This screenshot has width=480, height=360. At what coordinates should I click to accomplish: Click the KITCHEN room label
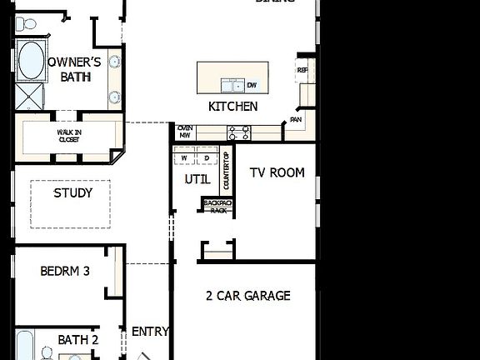point(232,107)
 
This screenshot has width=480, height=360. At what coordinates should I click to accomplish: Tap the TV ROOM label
point(277,173)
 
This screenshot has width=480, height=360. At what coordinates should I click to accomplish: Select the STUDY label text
point(72,193)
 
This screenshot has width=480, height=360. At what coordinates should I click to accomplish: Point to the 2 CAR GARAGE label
point(248,295)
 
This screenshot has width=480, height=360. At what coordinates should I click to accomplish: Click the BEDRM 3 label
point(64,271)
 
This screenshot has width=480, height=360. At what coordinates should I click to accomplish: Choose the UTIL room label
point(197,179)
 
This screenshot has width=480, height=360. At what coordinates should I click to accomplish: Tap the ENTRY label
point(150,332)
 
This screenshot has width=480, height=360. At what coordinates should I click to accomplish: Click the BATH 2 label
point(78,340)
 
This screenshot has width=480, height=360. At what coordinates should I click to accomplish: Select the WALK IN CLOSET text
point(69,136)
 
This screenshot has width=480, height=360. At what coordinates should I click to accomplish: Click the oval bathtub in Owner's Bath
point(32,62)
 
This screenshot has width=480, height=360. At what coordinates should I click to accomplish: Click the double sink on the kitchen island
point(231,85)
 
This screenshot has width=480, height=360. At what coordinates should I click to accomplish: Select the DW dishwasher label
point(251,85)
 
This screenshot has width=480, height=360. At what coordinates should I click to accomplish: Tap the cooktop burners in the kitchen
point(239,131)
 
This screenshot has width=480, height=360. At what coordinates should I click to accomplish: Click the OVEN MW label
point(185,131)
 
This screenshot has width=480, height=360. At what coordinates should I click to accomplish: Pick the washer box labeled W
point(183,157)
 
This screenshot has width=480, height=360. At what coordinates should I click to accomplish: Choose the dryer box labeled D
point(206,157)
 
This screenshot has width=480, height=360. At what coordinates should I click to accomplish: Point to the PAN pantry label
point(295,120)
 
